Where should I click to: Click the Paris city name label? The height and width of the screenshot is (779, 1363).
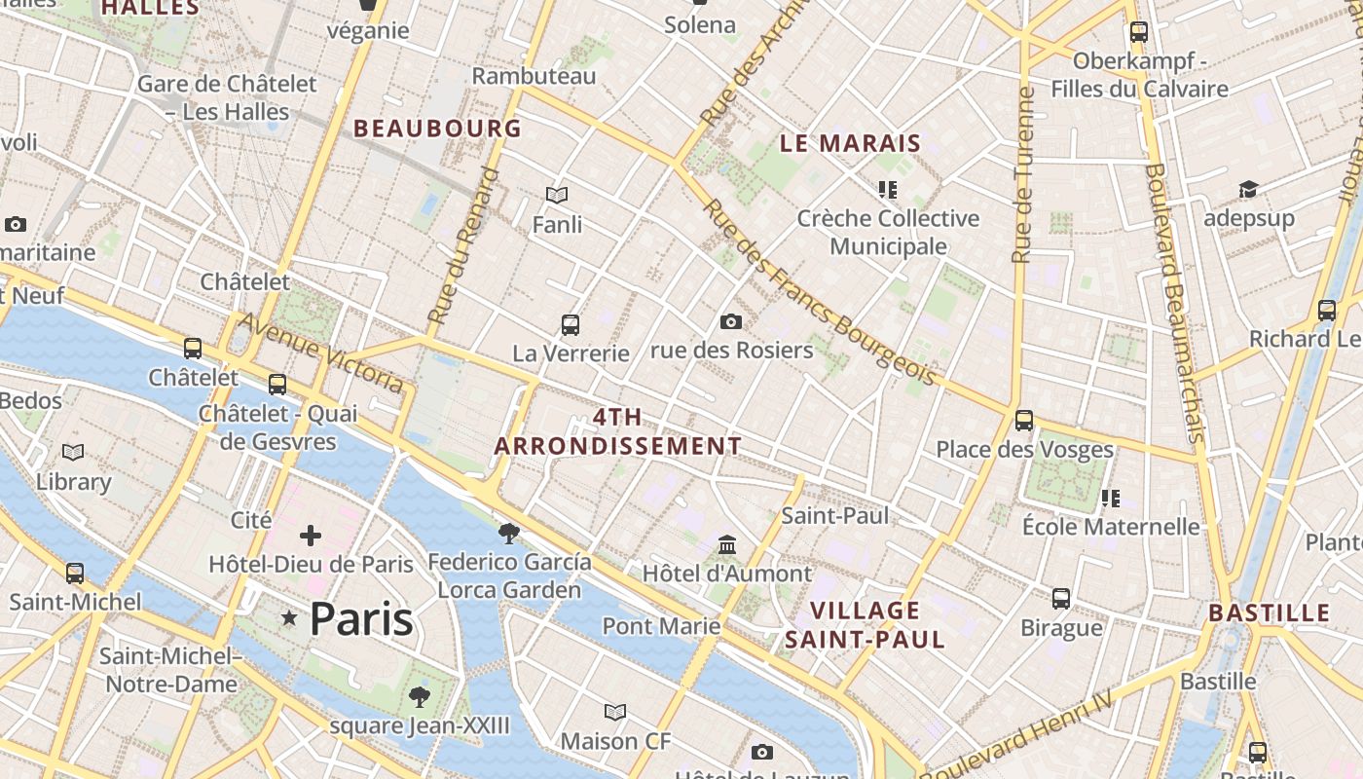click(x=361, y=619)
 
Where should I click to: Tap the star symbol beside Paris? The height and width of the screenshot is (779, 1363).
click(x=289, y=617)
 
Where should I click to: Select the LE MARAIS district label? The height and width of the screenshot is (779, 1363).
click(x=850, y=143)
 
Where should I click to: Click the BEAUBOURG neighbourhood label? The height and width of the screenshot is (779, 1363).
click(x=437, y=128)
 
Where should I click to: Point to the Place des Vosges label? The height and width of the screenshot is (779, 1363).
click(x=1024, y=449)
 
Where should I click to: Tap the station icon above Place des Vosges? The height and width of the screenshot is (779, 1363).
click(x=1024, y=421)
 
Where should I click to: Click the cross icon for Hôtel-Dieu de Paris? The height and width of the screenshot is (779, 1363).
click(x=311, y=536)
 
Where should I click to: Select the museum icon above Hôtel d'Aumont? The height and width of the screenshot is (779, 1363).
click(x=727, y=545)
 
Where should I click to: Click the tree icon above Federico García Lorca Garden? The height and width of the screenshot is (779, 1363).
click(x=508, y=533)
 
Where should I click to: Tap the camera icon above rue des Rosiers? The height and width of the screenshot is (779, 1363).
click(x=731, y=321)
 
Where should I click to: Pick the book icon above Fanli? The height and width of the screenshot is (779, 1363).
click(x=557, y=196)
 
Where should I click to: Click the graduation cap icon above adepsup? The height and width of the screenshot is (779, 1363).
click(x=1248, y=189)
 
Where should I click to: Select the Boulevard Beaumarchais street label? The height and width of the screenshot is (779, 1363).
click(x=1176, y=302)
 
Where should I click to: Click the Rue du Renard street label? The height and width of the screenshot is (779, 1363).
click(x=462, y=245)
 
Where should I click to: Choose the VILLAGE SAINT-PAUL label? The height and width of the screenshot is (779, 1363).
click(x=865, y=624)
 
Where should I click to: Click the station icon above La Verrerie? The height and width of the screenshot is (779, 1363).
click(x=571, y=324)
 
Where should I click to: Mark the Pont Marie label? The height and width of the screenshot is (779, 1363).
click(x=661, y=625)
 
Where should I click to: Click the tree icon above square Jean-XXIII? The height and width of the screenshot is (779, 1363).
click(x=420, y=696)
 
